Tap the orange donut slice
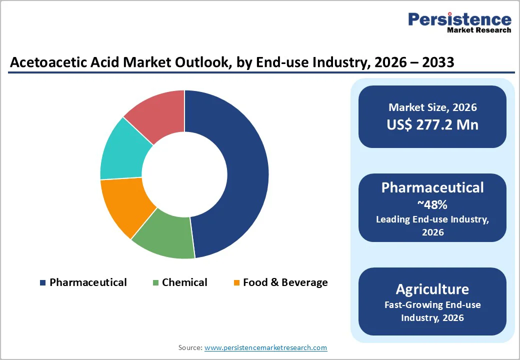(122, 205)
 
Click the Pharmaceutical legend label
(88, 282)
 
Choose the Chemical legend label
(184, 282)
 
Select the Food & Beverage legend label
(285, 282)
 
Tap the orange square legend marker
(237, 283)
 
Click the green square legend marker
(156, 283)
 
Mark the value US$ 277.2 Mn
(432, 124)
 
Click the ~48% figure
(432, 204)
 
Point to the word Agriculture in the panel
(432, 289)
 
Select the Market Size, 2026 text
(432, 107)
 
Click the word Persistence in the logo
(459, 19)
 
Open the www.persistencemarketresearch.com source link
(265, 347)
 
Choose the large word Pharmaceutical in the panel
(432, 187)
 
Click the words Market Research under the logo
(479, 30)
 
